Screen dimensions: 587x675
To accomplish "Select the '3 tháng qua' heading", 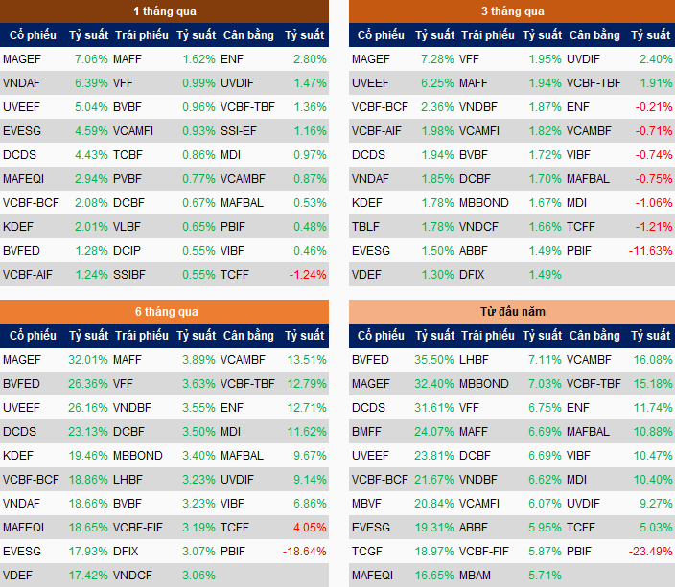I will pyautogui.click(x=512, y=11).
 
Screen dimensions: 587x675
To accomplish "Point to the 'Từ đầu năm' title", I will pyautogui.click(x=512, y=312).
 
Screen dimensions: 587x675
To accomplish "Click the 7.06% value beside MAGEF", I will pyautogui.click(x=91, y=59).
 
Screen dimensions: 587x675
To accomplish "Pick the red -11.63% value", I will pyautogui.click(x=651, y=251).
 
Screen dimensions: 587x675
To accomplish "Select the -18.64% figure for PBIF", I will pyautogui.click(x=304, y=551).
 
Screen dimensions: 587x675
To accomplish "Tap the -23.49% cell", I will pyautogui.click(x=651, y=551).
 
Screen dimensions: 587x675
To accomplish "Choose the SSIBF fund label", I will pyautogui.click(x=129, y=275).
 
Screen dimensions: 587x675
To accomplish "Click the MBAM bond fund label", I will pyautogui.click(x=477, y=576).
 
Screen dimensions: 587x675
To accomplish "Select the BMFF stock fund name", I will pyautogui.click(x=368, y=432).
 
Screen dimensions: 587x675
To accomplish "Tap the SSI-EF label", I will pyautogui.click(x=239, y=131).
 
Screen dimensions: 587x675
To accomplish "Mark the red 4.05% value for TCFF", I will pyautogui.click(x=310, y=528).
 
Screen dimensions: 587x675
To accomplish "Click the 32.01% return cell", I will pyautogui.click(x=88, y=360).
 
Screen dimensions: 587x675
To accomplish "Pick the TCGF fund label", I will pyautogui.click(x=367, y=552).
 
